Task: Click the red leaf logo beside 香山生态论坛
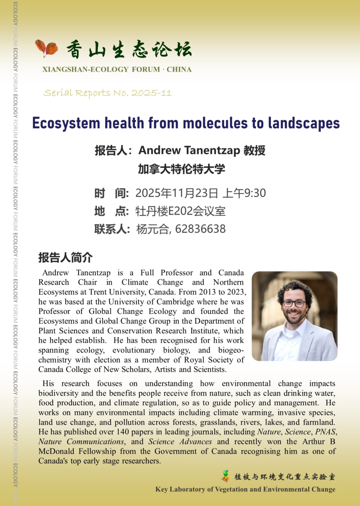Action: coord(46,48)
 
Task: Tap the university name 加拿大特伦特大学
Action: coord(181,170)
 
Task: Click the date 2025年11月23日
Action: coord(177,193)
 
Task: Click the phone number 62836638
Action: coord(200,229)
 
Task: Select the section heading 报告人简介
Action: coord(65,258)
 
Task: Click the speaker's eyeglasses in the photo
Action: coord(294,303)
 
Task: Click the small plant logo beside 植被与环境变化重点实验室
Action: coord(225,476)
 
